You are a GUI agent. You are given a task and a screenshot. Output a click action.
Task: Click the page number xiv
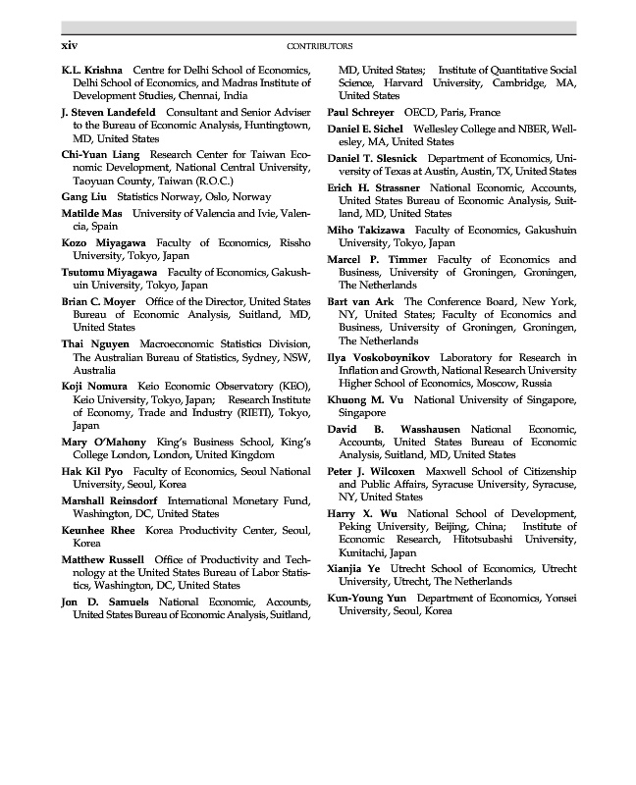pyautogui.click(x=70, y=45)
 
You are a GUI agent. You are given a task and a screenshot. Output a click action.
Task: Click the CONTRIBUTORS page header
pyautogui.click(x=319, y=46)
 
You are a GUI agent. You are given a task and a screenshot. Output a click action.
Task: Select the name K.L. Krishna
pyautogui.click(x=92, y=71)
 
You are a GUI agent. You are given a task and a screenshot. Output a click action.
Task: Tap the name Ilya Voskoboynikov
pyautogui.click(x=379, y=357)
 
